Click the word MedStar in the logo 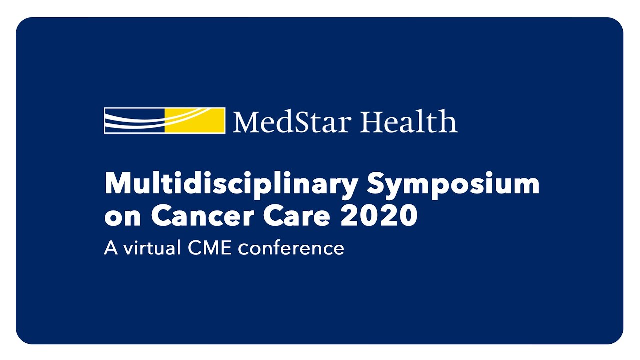pos(292,121)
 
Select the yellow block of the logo pos(195,120)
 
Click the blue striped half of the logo pos(134,120)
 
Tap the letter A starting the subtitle pos(110,248)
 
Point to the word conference pos(291,248)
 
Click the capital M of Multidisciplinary pos(117,184)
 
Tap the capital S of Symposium pos(378,184)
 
